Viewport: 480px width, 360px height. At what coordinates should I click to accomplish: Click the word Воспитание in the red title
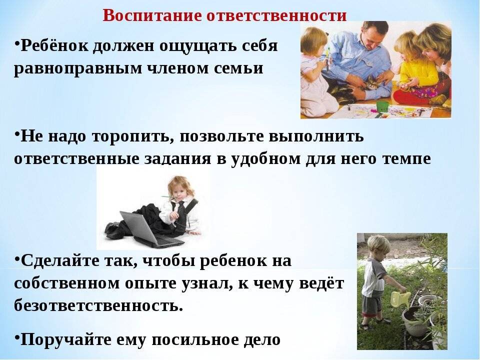[152, 15]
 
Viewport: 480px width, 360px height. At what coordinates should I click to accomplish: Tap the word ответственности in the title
[276, 15]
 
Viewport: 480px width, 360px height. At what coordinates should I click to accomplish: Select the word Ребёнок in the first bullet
[54, 46]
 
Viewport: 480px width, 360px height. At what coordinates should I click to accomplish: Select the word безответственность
[98, 305]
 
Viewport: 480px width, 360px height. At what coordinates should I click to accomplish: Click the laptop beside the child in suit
[147, 229]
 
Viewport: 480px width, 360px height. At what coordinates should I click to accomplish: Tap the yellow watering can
[400, 298]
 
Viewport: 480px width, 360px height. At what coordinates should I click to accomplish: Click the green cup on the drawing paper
[382, 106]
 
